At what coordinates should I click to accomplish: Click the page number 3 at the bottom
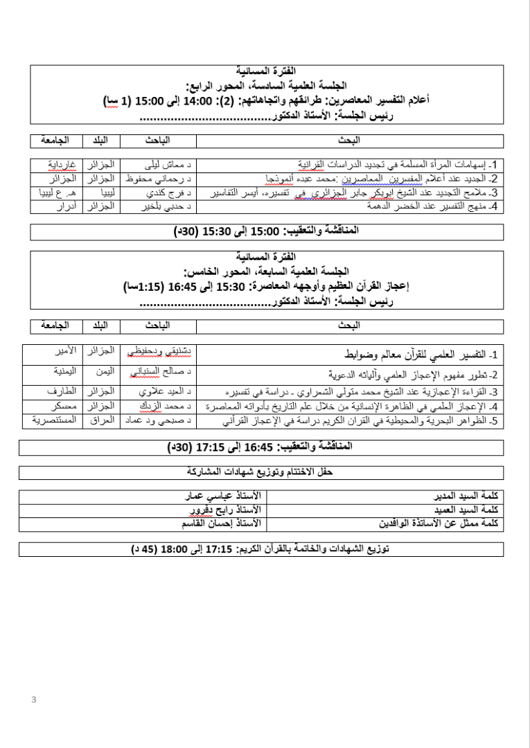[33, 700]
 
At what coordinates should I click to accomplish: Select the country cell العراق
[102, 420]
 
